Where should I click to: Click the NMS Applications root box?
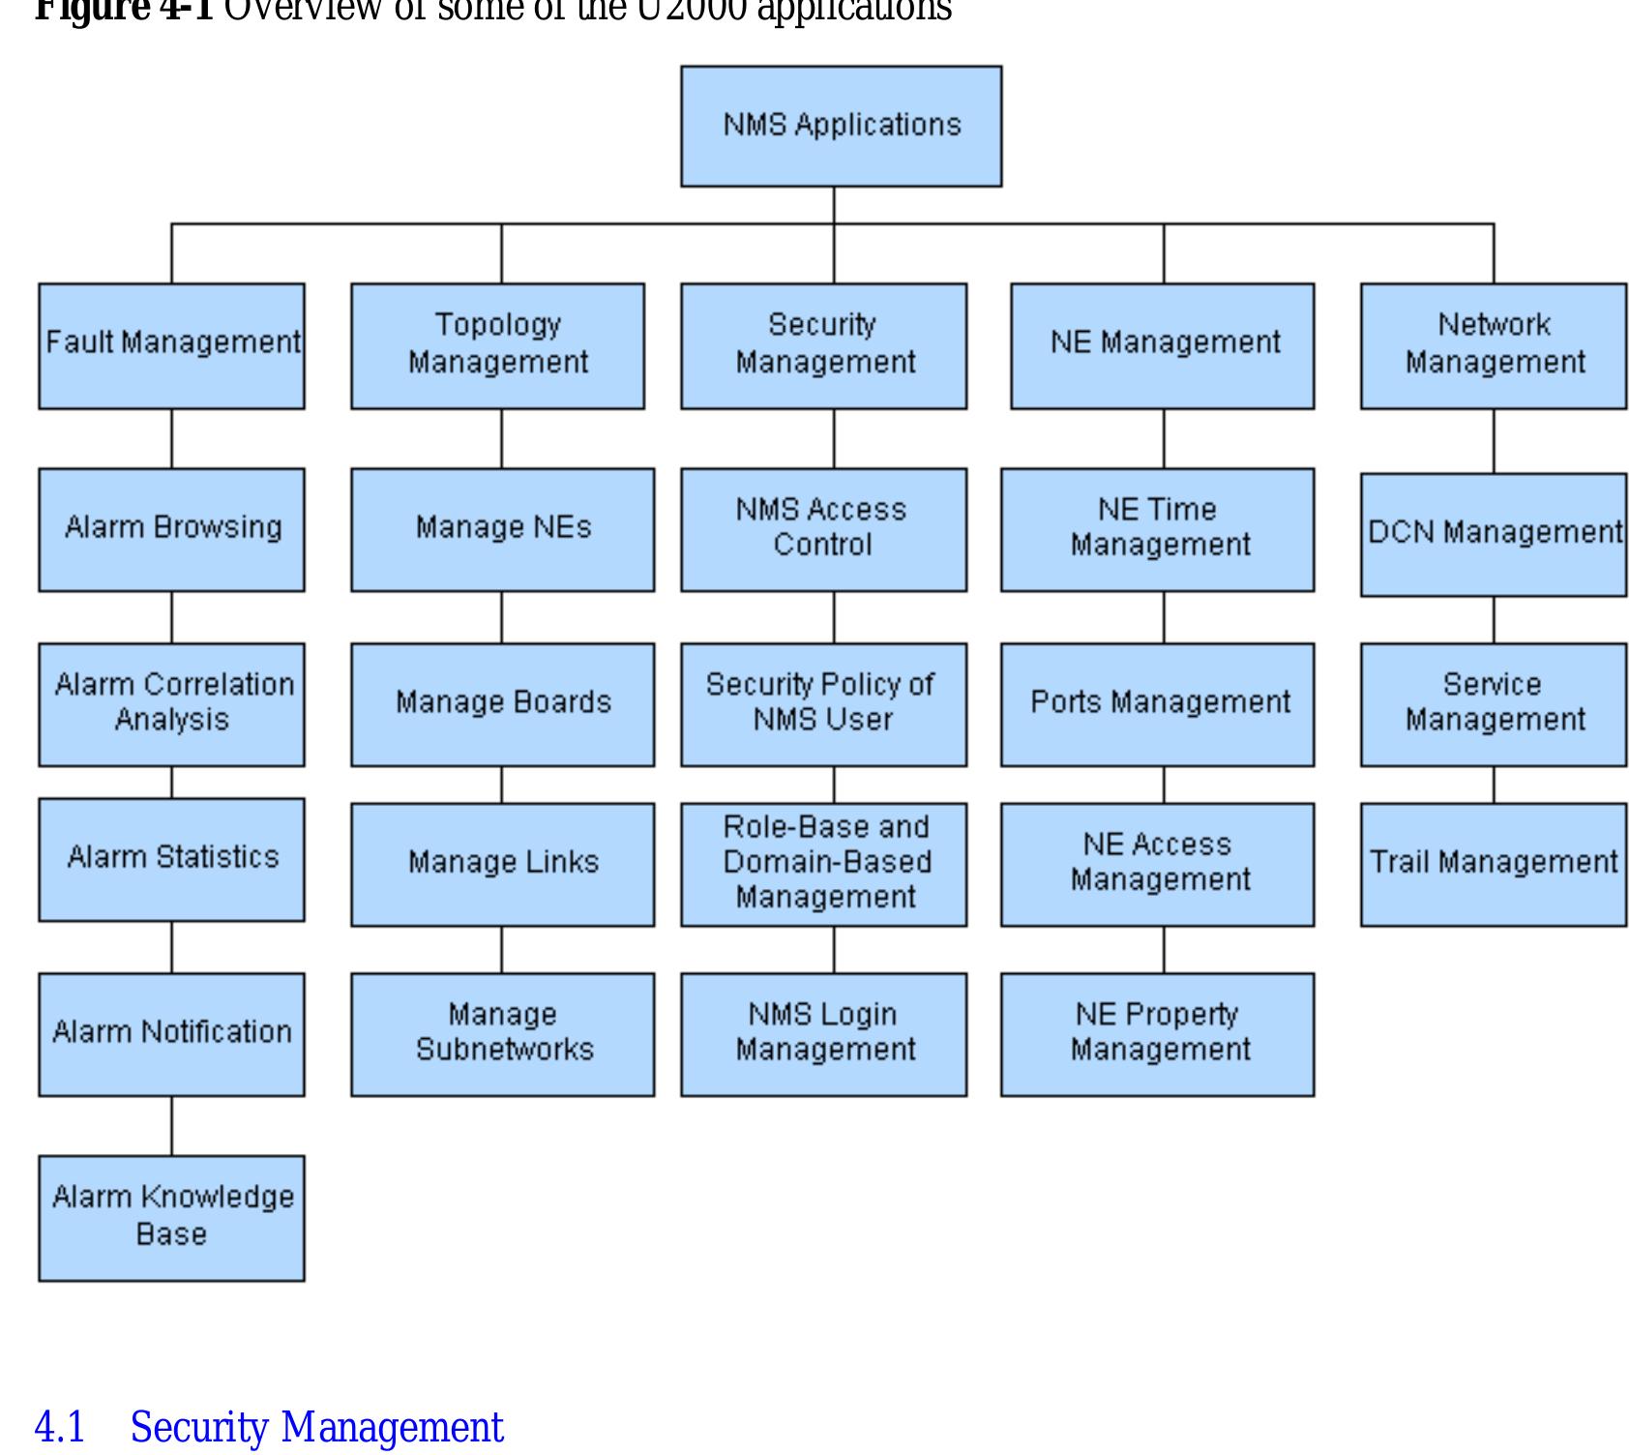coord(841,126)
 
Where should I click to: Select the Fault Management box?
coord(171,345)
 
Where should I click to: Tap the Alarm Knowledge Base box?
coord(171,1217)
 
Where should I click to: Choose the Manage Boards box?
coord(502,703)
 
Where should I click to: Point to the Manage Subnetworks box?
coord(502,1033)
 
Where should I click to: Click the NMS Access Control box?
coord(823,529)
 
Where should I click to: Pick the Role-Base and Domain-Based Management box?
coord(823,863)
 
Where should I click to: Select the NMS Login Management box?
coord(823,1033)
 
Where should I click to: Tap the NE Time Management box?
coord(1157,529)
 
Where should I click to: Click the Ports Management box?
coord(1157,703)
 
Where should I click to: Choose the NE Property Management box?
coord(1157,1033)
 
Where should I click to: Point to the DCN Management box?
coord(1493,534)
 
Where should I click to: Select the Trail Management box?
coord(1493,863)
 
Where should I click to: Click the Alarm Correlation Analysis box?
coord(171,703)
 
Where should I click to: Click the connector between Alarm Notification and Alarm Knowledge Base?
coord(172,1125)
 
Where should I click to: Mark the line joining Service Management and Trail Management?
coord(1494,785)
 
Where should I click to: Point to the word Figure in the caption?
coord(92,10)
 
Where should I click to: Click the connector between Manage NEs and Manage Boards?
coord(502,617)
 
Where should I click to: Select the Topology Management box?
coord(497,345)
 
